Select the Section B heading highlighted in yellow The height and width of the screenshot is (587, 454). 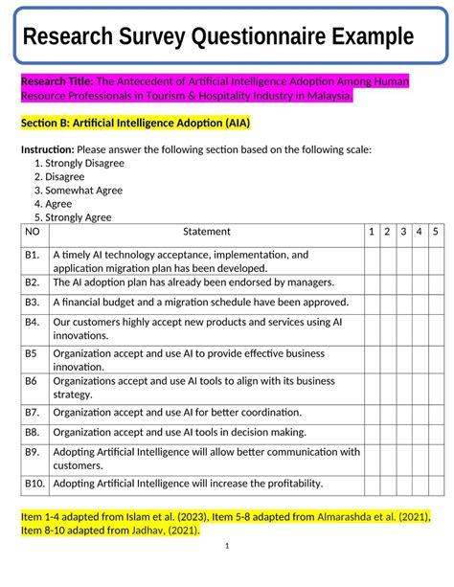pos(135,124)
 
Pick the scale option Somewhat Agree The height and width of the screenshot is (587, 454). pos(83,190)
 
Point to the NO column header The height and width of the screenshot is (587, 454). pos(33,232)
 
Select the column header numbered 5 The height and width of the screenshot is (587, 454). pos(435,232)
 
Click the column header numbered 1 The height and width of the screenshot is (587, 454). pos(371,232)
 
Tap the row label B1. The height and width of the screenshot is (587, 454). pos(33,255)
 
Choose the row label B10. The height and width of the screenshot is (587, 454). pos(34,483)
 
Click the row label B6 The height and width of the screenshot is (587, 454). pos(32,380)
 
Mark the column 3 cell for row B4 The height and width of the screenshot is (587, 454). pos(403,329)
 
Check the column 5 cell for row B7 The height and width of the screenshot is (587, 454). pos(435,412)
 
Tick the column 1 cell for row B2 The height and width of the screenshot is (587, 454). pos(371,282)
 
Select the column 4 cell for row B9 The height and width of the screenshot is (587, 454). pos(420,458)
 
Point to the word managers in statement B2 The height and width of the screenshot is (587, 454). pos(309,282)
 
